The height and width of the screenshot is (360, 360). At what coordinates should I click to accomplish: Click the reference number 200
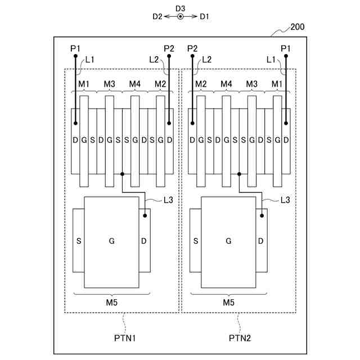coord(298,26)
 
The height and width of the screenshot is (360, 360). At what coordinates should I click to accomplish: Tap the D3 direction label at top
coord(180,8)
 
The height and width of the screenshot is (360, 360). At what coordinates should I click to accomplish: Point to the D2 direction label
coord(157,17)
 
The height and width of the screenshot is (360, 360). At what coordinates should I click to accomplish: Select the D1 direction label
coord(204,17)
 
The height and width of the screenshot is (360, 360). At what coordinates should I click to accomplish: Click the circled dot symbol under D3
coord(181,17)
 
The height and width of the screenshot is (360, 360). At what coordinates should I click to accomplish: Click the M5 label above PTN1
coord(112,303)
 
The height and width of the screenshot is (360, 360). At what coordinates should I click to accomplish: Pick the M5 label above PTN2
coord(228,303)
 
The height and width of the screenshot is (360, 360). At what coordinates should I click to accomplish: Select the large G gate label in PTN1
coord(111,241)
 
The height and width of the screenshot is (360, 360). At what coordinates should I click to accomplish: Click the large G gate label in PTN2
coord(228,241)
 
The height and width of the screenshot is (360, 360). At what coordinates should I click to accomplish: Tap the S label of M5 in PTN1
coord(78,241)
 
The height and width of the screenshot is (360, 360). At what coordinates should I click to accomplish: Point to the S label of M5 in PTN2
coord(196,241)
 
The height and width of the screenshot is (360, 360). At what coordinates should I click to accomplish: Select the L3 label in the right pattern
coord(285,200)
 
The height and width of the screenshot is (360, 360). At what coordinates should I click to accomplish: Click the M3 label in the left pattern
coord(109,84)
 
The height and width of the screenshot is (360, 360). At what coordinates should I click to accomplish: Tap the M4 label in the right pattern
coord(226,84)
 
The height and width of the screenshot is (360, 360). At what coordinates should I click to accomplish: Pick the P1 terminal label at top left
coord(76,48)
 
